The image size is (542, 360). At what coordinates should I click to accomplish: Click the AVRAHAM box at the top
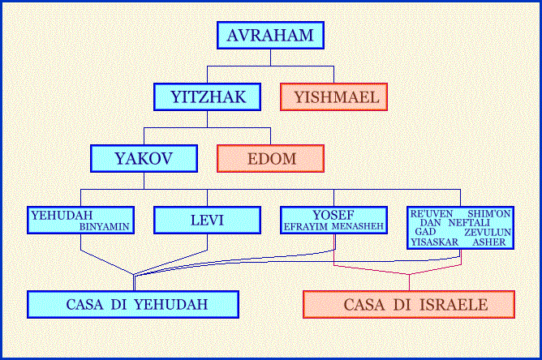coord(270,35)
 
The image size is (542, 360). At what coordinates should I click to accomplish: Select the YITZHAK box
coord(207,96)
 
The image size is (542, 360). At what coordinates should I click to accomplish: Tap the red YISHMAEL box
coord(333,96)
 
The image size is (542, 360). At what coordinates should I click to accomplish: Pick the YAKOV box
coord(144,159)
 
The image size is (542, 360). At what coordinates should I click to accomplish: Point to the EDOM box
coord(270,159)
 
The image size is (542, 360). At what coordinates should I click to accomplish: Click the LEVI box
coord(207,220)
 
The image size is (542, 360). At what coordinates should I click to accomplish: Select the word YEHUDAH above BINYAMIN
coord(62,215)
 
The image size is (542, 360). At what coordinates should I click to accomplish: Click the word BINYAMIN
coord(105,227)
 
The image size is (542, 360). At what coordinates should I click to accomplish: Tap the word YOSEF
coord(333,215)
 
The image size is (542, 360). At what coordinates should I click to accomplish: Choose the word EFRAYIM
coord(306,227)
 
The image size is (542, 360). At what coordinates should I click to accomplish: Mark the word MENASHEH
coord(358,227)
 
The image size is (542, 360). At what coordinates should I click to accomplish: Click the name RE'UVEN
coord(432,214)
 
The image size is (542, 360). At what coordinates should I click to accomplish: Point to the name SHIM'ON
coord(488,214)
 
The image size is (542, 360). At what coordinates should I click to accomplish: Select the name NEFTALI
coord(469,223)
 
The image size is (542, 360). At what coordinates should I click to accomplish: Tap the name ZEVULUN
coord(488,232)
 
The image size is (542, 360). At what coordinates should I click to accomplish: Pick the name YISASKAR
coord(435,242)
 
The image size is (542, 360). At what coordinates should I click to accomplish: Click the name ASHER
coord(488,242)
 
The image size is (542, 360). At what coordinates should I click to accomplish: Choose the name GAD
coord(425,232)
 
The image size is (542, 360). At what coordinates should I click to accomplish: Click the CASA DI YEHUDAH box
coord(133,304)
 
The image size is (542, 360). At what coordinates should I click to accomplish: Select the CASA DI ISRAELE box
coord(409,304)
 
